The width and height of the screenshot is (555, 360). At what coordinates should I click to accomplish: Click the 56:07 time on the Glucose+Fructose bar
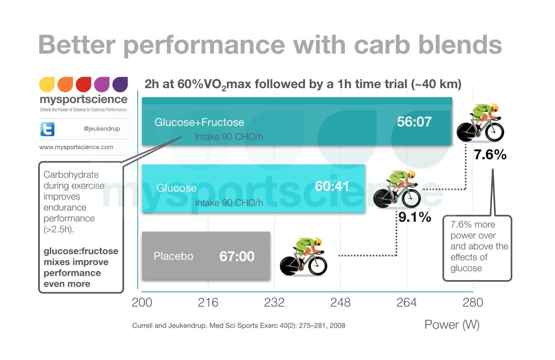click(414, 122)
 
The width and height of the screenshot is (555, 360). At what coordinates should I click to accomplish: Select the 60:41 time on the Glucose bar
click(332, 187)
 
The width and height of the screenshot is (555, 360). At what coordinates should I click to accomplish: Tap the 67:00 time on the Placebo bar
click(237, 256)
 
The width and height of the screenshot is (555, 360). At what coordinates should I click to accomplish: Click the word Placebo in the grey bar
click(173, 256)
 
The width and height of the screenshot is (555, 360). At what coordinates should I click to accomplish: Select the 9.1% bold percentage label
click(415, 217)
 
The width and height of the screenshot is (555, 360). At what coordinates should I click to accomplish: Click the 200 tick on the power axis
click(142, 303)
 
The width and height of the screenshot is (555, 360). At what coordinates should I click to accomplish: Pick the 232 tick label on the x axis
click(274, 303)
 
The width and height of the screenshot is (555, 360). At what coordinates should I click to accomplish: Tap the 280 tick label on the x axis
click(473, 303)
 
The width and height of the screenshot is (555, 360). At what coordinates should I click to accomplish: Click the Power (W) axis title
click(451, 325)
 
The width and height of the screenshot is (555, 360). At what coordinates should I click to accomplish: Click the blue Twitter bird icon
click(47, 129)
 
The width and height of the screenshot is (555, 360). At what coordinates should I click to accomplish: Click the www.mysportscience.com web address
click(76, 147)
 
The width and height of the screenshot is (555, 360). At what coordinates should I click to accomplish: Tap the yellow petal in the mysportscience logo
click(47, 85)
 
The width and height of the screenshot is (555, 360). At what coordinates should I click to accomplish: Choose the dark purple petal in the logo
click(120, 85)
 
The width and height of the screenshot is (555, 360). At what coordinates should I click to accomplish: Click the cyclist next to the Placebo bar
click(304, 256)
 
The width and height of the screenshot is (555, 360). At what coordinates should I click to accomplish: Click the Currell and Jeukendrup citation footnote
click(239, 325)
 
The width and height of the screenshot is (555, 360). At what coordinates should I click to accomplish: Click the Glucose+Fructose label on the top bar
click(199, 122)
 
